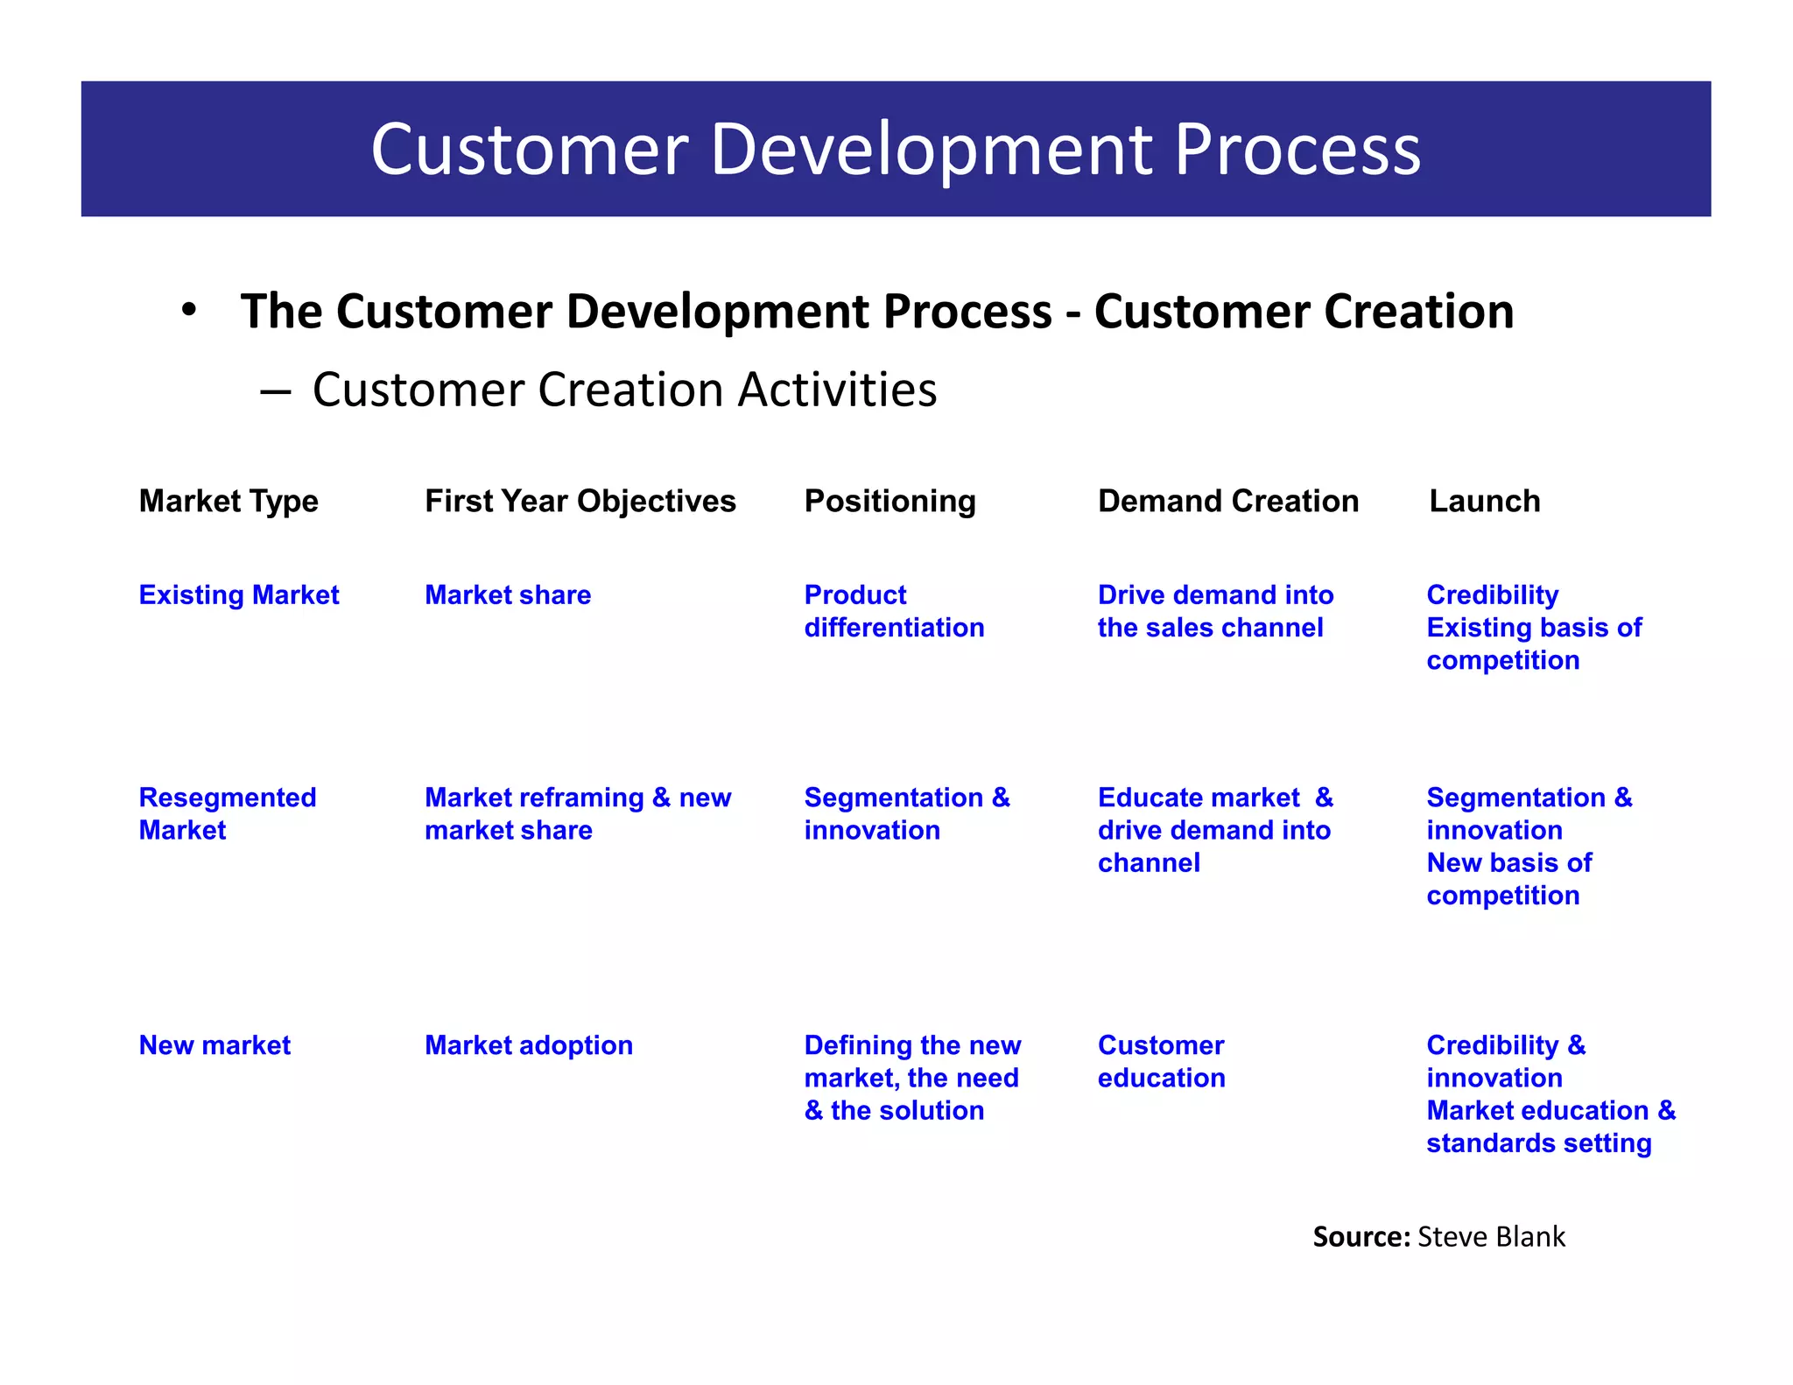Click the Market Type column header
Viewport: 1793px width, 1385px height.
229,502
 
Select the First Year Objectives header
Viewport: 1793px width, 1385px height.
580,502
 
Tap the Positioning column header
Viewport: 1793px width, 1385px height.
889,502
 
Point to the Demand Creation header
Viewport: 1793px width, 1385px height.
1227,502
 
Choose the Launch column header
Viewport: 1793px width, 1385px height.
1484,502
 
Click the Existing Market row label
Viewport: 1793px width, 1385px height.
238,595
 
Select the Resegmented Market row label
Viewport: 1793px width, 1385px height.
227,813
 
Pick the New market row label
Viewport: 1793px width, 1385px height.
214,1045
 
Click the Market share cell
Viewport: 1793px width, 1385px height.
508,595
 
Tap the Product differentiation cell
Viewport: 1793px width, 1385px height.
894,611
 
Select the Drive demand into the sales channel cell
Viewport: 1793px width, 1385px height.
1215,611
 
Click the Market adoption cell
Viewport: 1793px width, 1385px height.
528,1045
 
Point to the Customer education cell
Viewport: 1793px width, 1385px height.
1161,1061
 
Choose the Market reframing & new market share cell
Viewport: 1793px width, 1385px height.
578,813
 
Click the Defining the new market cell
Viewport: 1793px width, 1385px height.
912,1078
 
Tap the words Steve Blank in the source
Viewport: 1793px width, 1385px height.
1491,1237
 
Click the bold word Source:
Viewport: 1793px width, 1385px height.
1361,1237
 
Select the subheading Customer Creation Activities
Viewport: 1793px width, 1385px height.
624,390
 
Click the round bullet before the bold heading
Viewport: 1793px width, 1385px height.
188,311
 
